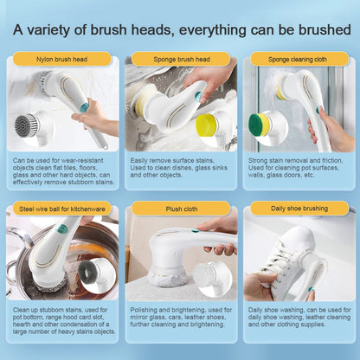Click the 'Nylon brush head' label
pos(61,59)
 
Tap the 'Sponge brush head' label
pos(180,59)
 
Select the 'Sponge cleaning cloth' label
pos(299,59)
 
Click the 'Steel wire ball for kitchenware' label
pos(61,209)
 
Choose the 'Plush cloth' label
pos(180,209)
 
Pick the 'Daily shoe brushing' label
pos(299,209)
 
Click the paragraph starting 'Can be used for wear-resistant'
pos(61,170)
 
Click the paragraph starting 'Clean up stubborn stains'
pos(61,322)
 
